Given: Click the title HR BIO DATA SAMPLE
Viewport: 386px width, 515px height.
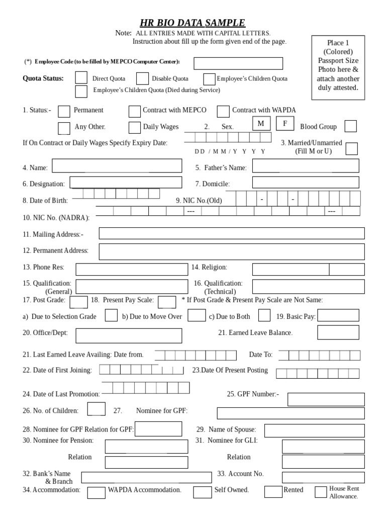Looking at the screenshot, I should (x=193, y=23).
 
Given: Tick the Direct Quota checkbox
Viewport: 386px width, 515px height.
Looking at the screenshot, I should (x=81, y=78).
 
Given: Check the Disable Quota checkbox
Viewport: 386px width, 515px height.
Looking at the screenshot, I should (x=142, y=78).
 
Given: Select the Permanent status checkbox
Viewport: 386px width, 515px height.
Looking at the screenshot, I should (x=64, y=111).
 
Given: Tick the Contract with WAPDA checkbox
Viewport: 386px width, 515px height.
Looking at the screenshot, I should (x=222, y=111).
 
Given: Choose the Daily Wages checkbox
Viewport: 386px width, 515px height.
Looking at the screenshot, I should (x=134, y=128).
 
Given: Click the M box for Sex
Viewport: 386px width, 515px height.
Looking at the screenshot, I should (x=261, y=124).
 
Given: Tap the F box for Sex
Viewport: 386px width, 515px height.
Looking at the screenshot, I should (x=285, y=124).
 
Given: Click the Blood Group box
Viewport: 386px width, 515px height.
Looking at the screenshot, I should (x=351, y=127).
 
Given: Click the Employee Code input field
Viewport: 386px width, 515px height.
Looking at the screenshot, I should (x=238, y=63).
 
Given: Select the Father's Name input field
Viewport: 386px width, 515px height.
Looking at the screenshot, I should (x=306, y=166).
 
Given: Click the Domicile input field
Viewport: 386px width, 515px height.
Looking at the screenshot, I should (x=306, y=183).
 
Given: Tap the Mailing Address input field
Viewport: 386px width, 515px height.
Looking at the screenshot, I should (x=232, y=233).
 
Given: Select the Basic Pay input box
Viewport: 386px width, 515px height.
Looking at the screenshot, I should (x=338, y=315).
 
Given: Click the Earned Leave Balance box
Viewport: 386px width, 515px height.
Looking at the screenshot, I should (x=338, y=332).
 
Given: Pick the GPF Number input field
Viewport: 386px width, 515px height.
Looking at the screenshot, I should (x=326, y=399).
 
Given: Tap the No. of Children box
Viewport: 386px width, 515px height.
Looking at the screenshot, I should (x=96, y=409).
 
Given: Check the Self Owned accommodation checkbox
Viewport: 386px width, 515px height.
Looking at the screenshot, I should (x=203, y=492).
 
